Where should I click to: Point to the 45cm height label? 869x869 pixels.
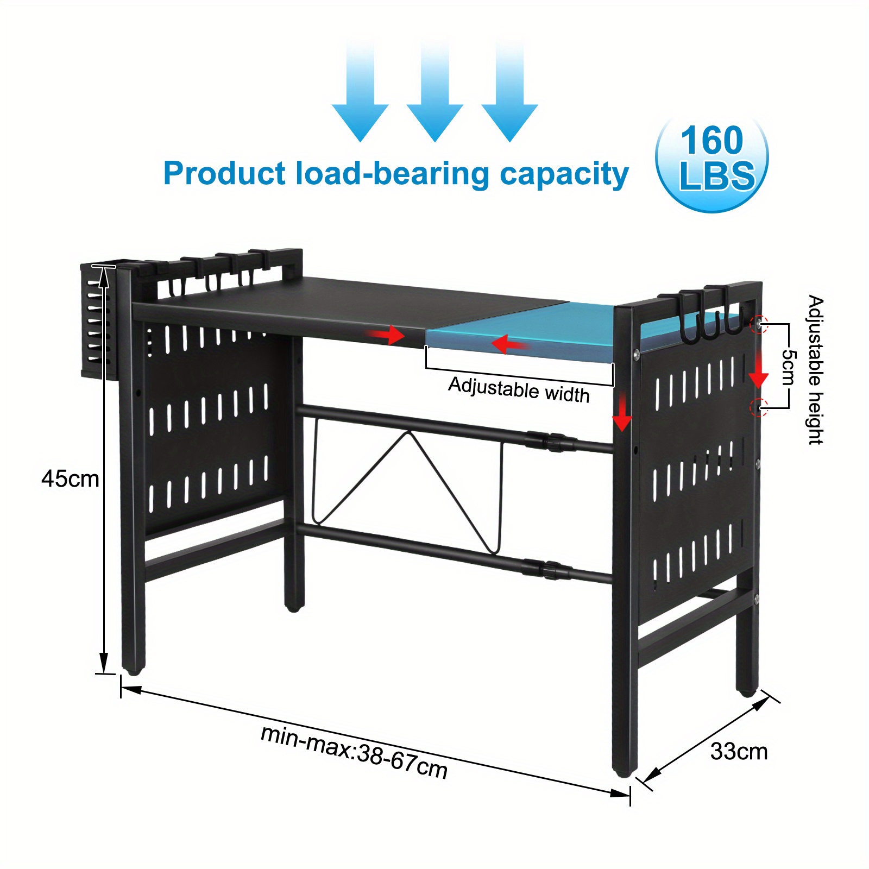[70, 479]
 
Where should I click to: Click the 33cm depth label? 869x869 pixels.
[739, 752]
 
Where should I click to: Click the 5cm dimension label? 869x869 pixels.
[788, 367]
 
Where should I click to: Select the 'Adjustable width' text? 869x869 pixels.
[519, 390]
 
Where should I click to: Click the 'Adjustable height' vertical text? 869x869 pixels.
[815, 370]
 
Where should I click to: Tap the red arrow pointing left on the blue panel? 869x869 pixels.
[509, 344]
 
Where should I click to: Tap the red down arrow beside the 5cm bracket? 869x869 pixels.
[759, 375]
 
